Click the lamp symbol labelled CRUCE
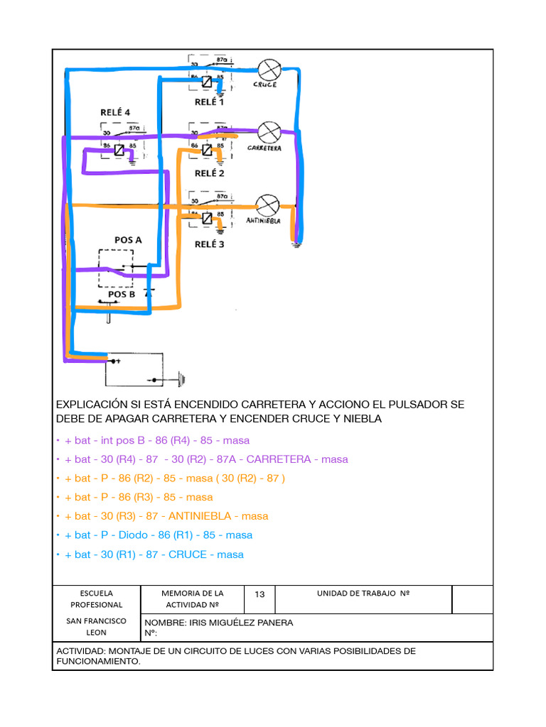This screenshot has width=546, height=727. click(267, 70)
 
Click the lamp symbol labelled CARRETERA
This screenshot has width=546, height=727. click(269, 131)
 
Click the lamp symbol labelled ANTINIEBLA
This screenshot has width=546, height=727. click(266, 204)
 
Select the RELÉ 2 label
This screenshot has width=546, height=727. click(209, 173)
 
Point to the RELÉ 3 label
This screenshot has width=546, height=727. click(209, 244)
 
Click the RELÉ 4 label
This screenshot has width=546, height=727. click(114, 112)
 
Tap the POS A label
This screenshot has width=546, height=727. click(128, 240)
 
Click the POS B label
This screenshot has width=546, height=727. click(122, 294)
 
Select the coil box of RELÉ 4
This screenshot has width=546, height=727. click(119, 150)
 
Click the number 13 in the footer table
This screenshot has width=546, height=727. click(259, 594)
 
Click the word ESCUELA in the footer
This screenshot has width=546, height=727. click(96, 593)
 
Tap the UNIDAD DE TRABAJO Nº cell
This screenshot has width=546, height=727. click(363, 593)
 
